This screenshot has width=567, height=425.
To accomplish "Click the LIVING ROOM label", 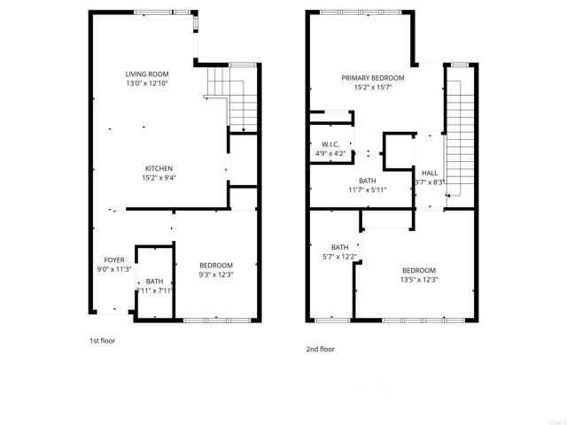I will tap(147, 73).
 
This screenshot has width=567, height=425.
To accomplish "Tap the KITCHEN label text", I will tap(159, 168).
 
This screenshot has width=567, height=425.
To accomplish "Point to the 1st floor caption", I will tap(102, 341).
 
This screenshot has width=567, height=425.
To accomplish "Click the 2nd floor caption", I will tap(320, 349).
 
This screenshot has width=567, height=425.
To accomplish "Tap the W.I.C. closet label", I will tap(331, 143).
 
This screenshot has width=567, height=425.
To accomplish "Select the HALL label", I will tap(430, 173).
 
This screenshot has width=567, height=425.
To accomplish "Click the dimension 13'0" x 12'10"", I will tap(147, 83).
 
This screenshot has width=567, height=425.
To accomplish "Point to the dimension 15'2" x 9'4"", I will tap(159, 178).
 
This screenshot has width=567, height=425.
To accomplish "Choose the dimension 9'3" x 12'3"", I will tap(215, 274).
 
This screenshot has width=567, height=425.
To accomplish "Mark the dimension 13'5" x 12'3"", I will tap(420, 280).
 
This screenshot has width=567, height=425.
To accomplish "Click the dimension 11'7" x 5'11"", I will tap(369, 189).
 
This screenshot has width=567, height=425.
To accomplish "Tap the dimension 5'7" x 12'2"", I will tap(340, 257).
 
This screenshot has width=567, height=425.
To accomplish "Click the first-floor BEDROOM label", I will tap(215, 265).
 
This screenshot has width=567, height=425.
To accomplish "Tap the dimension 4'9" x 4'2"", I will tap(331, 153).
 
